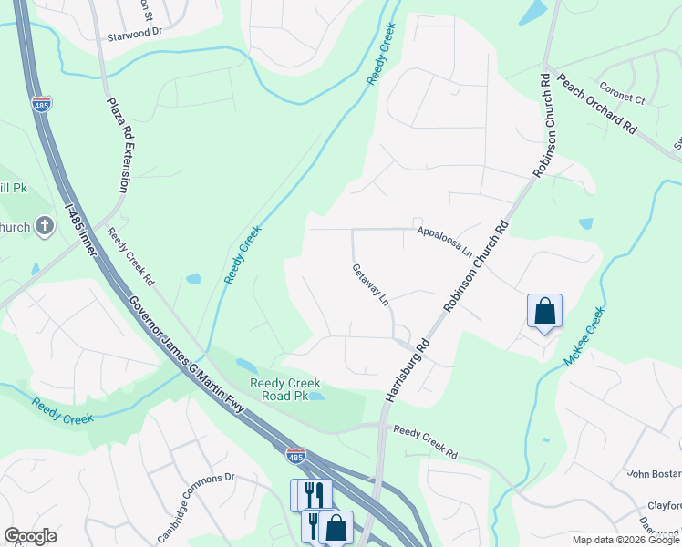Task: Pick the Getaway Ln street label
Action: click(371, 285)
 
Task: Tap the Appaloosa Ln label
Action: click(445, 242)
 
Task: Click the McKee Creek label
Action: click(584, 335)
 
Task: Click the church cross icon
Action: click(45, 227)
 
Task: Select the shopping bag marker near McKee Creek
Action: click(544, 311)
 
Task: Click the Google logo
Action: click(30, 536)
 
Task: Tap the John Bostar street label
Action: click(654, 473)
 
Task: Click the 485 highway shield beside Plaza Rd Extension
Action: click(41, 103)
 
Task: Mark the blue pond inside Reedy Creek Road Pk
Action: click(315, 396)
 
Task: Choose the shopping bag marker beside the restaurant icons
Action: click(336, 527)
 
